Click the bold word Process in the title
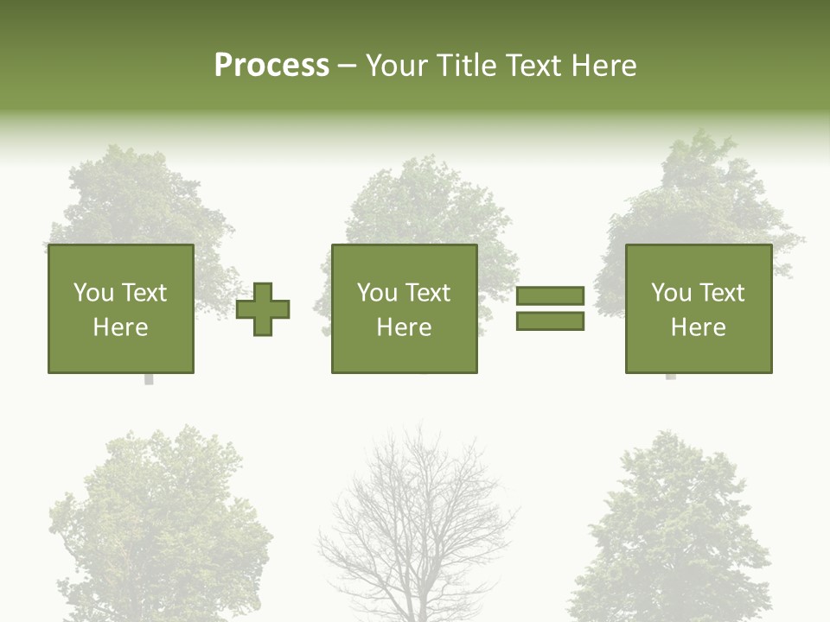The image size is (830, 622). click(x=271, y=66)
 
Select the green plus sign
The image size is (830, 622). click(x=263, y=309)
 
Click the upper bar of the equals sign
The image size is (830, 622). click(x=550, y=295)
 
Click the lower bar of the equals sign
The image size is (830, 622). click(x=550, y=321)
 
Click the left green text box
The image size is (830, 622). click(x=120, y=308)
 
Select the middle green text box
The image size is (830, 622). click(x=404, y=308)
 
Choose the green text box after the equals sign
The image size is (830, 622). click(x=698, y=308)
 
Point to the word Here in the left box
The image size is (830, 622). click(x=120, y=327)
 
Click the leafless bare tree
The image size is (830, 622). click(x=418, y=527)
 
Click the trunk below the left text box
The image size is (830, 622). click(x=149, y=379)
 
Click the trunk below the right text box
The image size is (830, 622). click(x=670, y=377)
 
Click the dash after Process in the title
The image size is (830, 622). click(x=347, y=66)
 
